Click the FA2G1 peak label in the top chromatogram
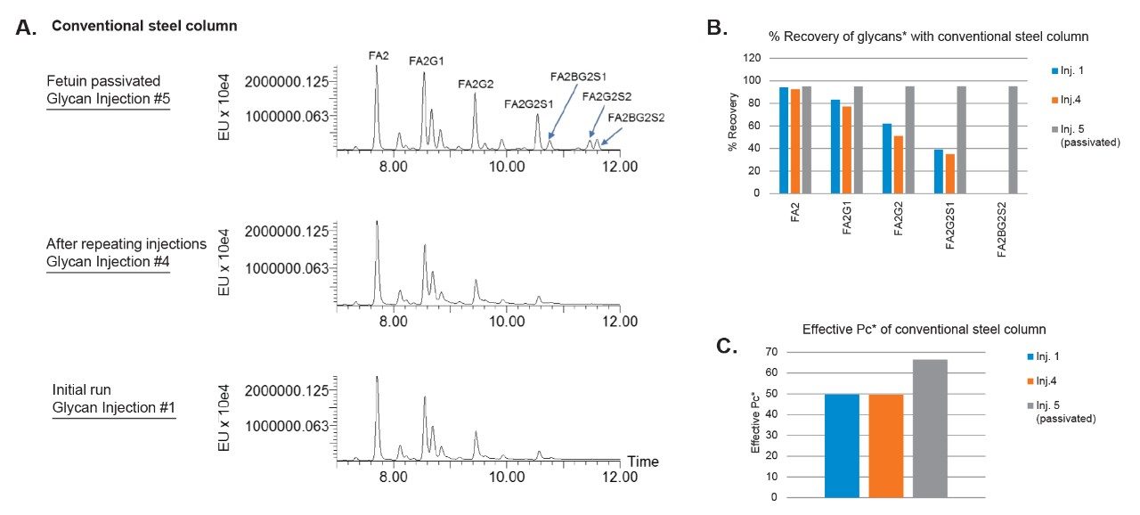coord(427,61)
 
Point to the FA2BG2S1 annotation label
coord(578,77)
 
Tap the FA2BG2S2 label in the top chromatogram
coord(636,117)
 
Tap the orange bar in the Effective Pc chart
coord(886,446)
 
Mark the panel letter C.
coord(729,346)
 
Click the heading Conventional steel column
coord(144,26)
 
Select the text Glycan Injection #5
coord(108,98)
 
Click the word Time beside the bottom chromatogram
coord(643,462)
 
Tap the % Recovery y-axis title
coord(732,126)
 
